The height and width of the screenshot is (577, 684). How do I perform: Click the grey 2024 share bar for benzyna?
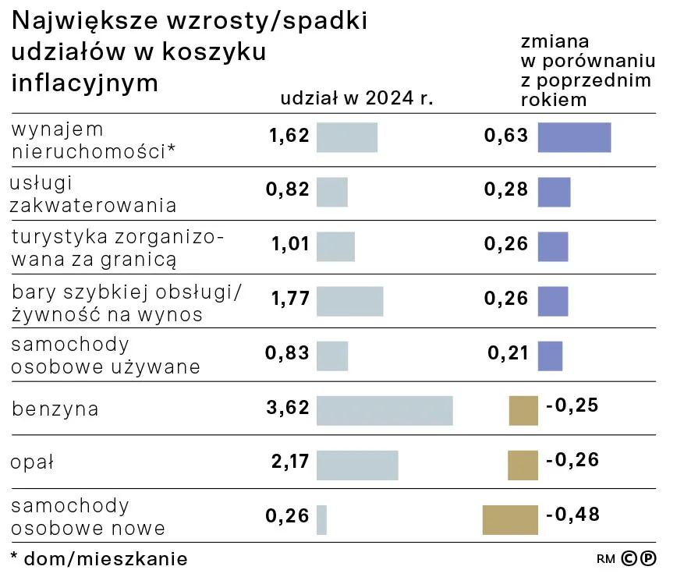tap(385, 410)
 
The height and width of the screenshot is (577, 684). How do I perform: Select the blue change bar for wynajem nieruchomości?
tap(574, 137)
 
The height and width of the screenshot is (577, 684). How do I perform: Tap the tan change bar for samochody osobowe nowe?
tap(510, 520)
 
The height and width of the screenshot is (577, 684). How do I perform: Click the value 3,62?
tap(287, 408)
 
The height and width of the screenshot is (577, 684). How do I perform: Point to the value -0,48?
tap(572, 515)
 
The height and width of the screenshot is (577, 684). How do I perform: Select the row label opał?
tap(32, 462)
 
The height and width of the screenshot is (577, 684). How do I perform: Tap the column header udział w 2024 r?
tap(356, 98)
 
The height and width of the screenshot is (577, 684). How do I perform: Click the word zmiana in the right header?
tap(555, 41)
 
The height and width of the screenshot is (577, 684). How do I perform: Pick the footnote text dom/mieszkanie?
tap(103, 559)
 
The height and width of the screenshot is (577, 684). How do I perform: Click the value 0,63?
tap(506, 136)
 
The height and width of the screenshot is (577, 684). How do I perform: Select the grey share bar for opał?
tap(357, 465)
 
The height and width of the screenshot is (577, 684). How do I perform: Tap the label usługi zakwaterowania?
tap(93, 194)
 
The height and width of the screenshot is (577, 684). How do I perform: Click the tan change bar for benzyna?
tap(523, 410)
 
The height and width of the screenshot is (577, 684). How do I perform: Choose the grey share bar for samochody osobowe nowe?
tap(321, 520)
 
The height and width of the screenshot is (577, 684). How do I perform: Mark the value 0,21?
tap(508, 354)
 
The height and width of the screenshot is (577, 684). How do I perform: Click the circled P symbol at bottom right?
tap(647, 558)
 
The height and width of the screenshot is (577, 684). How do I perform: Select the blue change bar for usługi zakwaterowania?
tap(554, 192)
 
